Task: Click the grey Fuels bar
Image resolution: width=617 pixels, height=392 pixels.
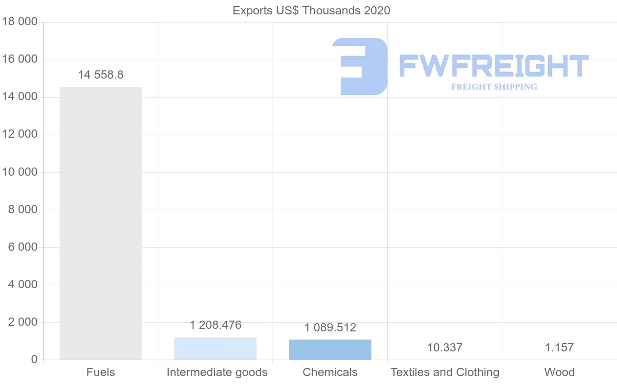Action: [x=101, y=223]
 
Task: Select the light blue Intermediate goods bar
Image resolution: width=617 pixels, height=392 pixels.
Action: [x=215, y=348]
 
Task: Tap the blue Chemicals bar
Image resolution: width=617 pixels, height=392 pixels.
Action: [x=330, y=349]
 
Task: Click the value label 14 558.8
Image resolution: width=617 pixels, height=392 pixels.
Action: [x=101, y=75]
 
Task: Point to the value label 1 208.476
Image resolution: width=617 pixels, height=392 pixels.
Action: [x=215, y=325]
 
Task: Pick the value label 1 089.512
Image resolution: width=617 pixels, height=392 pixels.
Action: [x=330, y=328]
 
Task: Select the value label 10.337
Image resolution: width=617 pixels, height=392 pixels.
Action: [x=445, y=348]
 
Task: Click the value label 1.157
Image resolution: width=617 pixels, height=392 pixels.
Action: [x=559, y=348]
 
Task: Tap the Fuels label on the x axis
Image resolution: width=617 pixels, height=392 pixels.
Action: [x=101, y=372]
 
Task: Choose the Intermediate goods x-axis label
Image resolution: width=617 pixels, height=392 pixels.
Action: [x=217, y=372]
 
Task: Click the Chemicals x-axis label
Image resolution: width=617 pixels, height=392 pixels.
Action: [x=330, y=372]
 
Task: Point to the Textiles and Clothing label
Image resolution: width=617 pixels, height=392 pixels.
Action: [x=445, y=372]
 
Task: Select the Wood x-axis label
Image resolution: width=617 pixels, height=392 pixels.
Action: [x=559, y=372]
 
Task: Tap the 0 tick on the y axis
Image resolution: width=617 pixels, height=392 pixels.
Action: [x=34, y=360]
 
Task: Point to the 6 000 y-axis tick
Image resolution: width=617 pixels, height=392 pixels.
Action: [x=23, y=247]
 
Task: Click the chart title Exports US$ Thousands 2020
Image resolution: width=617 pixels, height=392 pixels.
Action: [x=312, y=11]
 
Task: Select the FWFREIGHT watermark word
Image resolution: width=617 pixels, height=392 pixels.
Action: [x=494, y=66]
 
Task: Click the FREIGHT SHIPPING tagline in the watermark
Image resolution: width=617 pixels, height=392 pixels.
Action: [x=494, y=87]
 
